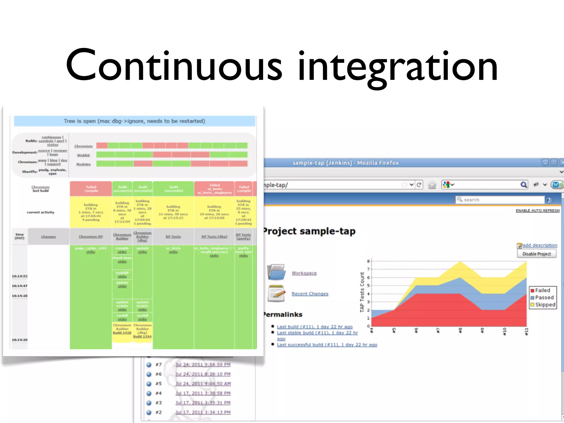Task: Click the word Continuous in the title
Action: click(x=173, y=66)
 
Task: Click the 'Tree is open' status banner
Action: click(x=134, y=121)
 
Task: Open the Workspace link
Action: click(x=304, y=273)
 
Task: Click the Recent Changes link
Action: click(x=310, y=294)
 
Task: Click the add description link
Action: click(x=539, y=245)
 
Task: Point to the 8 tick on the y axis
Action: click(x=368, y=261)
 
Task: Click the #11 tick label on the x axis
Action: click(x=526, y=331)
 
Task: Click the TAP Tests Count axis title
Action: click(x=362, y=292)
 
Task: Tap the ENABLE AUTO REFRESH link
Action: click(x=538, y=210)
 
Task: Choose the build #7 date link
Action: click(x=203, y=365)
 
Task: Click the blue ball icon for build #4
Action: click(x=149, y=393)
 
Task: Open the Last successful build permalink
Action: click(x=327, y=345)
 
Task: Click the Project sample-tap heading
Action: click(x=309, y=231)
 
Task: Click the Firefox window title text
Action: click(x=345, y=163)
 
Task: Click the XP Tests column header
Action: click(x=173, y=237)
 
